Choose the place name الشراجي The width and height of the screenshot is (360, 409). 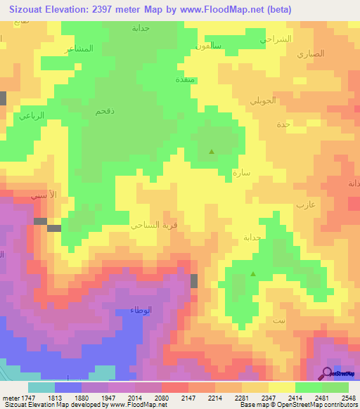click(276, 39)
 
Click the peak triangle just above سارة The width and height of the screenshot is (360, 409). click(212, 150)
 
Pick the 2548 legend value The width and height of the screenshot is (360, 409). click(349, 397)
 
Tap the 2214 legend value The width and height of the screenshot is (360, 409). click(215, 397)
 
